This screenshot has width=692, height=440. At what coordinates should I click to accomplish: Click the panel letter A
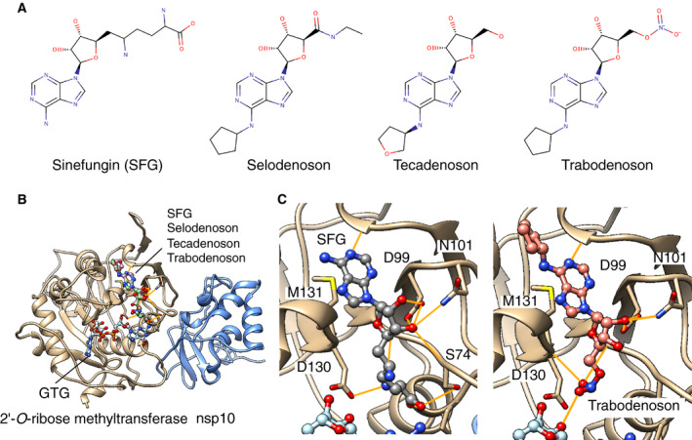(x=9, y=9)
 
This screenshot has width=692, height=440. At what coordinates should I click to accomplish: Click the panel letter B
(x=9, y=202)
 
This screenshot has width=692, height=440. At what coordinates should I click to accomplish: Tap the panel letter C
(x=281, y=202)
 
